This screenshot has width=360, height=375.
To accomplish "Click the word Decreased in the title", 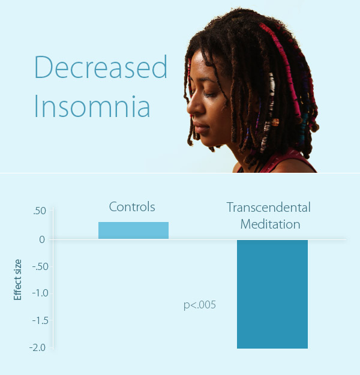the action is pos(101,67).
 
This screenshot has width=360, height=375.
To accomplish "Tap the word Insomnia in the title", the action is pos(92,106).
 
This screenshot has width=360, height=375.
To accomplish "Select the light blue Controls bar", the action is pos(133,230).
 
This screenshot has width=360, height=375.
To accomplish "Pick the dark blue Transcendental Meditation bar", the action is pos(272,294).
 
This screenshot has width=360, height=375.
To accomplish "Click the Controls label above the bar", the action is pos(132,206).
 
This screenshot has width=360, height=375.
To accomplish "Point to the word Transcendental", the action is pos(269,207).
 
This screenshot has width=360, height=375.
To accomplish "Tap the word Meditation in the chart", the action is pos(270,224).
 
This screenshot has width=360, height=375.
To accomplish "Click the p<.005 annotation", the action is pos(200,305).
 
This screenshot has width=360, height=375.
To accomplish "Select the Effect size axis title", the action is pos(17,280).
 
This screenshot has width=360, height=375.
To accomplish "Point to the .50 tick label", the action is pos(40,211).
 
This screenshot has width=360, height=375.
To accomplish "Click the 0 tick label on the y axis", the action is pos(42,239).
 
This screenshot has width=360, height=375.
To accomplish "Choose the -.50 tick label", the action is pos(40,266).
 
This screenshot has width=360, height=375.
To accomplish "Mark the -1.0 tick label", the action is pos(40,293).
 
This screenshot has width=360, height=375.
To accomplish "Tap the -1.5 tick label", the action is pos(40,320).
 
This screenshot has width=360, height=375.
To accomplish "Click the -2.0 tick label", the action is pos(37,348).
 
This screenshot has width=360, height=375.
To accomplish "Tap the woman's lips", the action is pos(200,128).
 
